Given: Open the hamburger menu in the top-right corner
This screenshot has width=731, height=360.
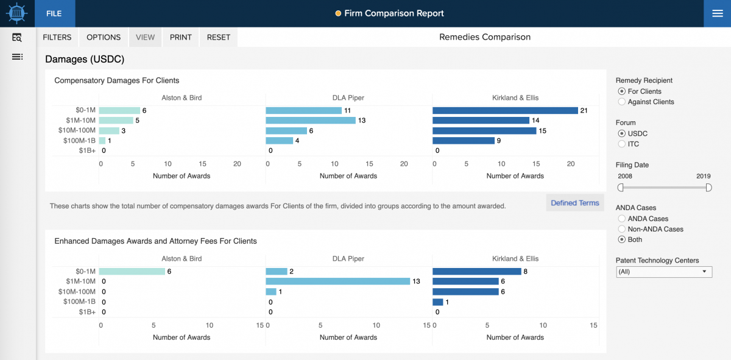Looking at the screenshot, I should (x=717, y=13).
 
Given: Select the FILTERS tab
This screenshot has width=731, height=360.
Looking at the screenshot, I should (x=57, y=37).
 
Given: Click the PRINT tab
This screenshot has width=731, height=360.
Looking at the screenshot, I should (x=180, y=37).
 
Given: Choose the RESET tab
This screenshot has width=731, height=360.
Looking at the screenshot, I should (x=218, y=37).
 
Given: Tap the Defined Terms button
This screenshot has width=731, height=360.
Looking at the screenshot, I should (x=574, y=203).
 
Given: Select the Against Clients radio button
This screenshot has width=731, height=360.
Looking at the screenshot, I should (x=622, y=102).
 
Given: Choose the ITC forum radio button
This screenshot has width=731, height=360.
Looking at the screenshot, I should (x=622, y=144).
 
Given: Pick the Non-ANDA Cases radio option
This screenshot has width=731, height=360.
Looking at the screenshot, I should (x=622, y=229).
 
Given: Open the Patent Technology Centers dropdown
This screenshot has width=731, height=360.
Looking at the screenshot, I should (x=664, y=272).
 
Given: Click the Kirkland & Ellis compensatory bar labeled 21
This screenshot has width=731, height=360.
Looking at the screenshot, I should (x=505, y=110).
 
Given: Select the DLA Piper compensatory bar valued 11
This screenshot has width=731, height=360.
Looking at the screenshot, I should (x=303, y=110).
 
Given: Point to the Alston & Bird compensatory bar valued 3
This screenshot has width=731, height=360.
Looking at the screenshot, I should (x=109, y=130).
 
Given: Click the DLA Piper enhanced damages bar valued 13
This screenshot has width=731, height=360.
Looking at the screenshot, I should (x=337, y=281).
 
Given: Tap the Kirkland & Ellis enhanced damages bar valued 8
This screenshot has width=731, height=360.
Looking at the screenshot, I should (x=476, y=271).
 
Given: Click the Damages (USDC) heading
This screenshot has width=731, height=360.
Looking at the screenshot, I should (x=85, y=59).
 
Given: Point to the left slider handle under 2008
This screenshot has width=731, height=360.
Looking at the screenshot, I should (x=621, y=188).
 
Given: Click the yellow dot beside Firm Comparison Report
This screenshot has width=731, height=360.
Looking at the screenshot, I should (x=338, y=13).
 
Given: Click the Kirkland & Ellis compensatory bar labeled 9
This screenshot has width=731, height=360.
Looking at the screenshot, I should (x=463, y=141).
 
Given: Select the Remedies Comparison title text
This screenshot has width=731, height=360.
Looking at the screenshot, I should (x=484, y=37).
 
